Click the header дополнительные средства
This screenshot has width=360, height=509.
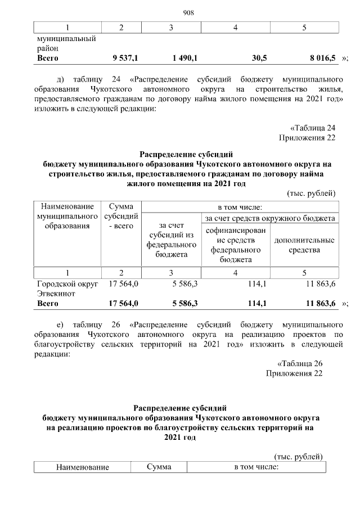coord(304,245)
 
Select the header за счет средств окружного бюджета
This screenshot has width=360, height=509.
coord(270,218)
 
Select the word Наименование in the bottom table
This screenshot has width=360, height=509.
coord(82,467)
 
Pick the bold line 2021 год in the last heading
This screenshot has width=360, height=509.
coord(182,437)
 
